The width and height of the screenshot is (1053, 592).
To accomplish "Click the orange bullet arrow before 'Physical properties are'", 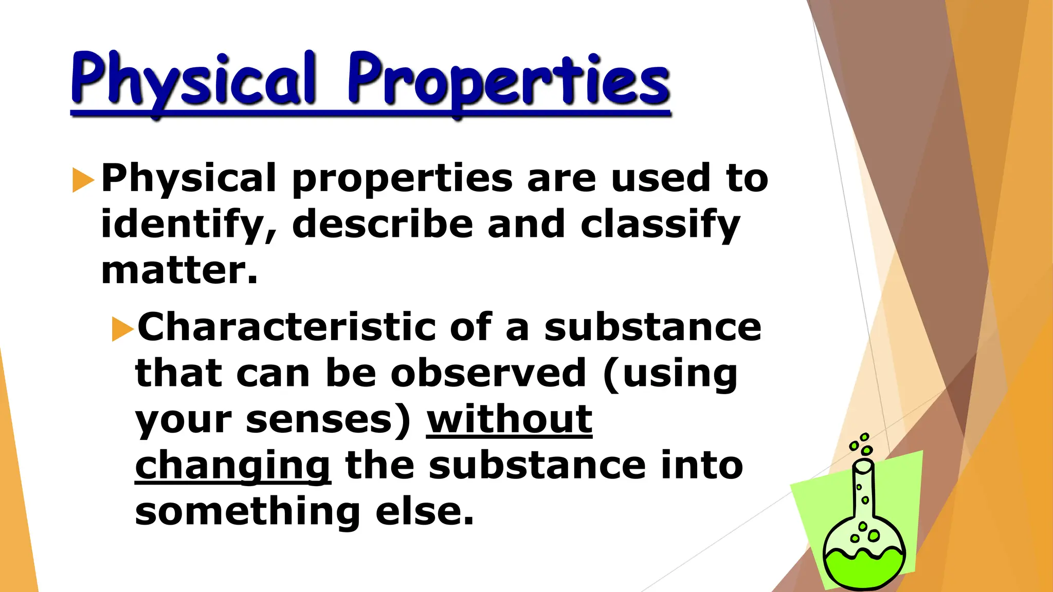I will pos(83,180).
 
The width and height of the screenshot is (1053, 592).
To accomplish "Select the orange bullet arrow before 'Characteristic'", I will pos(122,329).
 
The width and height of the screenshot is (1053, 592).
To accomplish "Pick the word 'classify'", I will pos(660,225).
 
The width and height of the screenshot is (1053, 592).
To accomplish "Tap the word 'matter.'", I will pos(179,270).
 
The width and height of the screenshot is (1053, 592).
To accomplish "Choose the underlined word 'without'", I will pos(509,419).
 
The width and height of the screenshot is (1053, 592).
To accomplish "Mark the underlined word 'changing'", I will pos(232,466).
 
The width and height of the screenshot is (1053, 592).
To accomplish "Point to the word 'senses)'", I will pos(329,420).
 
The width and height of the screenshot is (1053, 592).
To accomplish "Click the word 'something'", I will pos(247,512).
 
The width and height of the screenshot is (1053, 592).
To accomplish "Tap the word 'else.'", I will pos(424,512).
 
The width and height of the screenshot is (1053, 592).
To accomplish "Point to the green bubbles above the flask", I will pos(862,445).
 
